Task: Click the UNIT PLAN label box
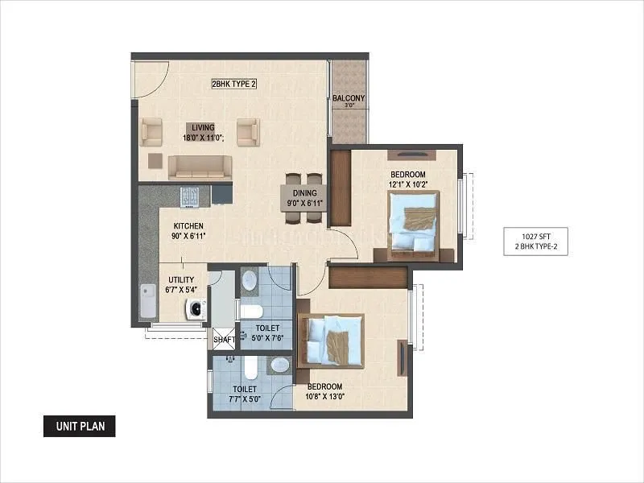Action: point(79,426)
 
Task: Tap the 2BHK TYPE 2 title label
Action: point(233,84)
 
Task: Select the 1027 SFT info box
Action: point(536,242)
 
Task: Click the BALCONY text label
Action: point(349,99)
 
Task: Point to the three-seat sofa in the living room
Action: point(199,166)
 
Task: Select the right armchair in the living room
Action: point(247,130)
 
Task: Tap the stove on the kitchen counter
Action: point(190,195)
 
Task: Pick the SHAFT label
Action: point(224,340)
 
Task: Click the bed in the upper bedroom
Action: point(413,225)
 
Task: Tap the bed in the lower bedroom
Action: point(331,339)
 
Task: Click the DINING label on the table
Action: point(304,193)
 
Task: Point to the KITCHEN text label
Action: point(187,226)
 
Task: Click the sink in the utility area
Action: point(148,302)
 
